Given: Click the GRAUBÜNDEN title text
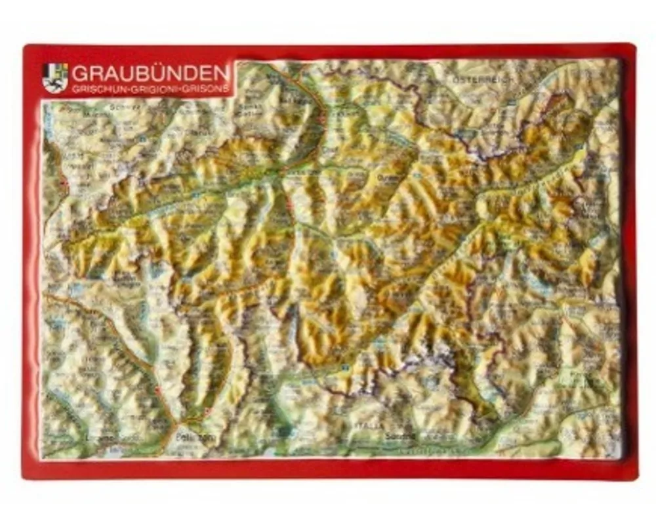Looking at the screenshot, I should [x=151, y=71].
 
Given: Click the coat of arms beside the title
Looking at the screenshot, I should [x=54, y=77].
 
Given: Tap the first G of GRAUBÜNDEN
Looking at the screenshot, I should [x=78, y=71].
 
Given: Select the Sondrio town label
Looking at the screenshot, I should [x=401, y=435].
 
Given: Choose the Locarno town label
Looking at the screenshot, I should [x=98, y=437].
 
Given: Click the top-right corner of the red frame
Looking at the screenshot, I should [x=632, y=47].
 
